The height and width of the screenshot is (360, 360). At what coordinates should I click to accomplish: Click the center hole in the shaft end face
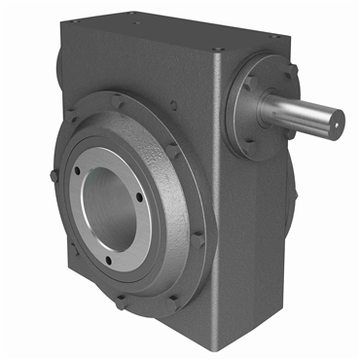click(337, 121)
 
